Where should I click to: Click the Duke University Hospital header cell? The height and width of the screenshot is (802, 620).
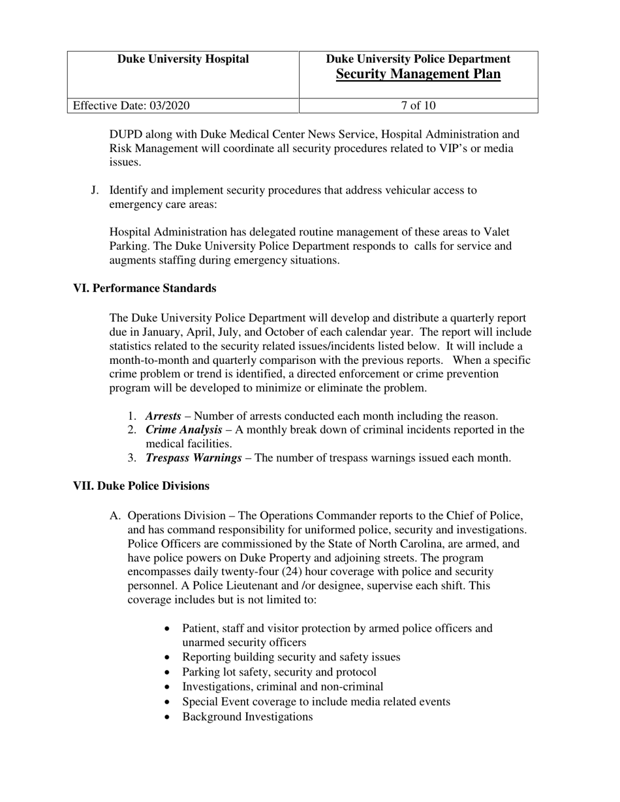click(x=183, y=59)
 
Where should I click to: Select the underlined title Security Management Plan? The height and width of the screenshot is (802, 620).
click(x=418, y=74)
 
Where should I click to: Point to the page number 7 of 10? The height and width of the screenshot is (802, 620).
click(x=418, y=106)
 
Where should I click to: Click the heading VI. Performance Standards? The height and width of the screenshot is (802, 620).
click(x=144, y=288)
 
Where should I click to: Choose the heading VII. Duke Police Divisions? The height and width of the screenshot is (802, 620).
click(x=141, y=486)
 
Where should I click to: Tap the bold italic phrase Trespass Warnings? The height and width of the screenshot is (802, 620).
click(x=193, y=458)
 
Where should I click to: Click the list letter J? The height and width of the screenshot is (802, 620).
click(x=95, y=190)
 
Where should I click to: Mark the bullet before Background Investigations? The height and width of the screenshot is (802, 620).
click(x=170, y=717)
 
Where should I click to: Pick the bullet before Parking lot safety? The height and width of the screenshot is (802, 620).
click(x=170, y=672)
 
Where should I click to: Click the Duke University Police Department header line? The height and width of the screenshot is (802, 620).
click(x=418, y=59)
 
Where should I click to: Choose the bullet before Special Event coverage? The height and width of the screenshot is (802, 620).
click(x=170, y=702)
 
